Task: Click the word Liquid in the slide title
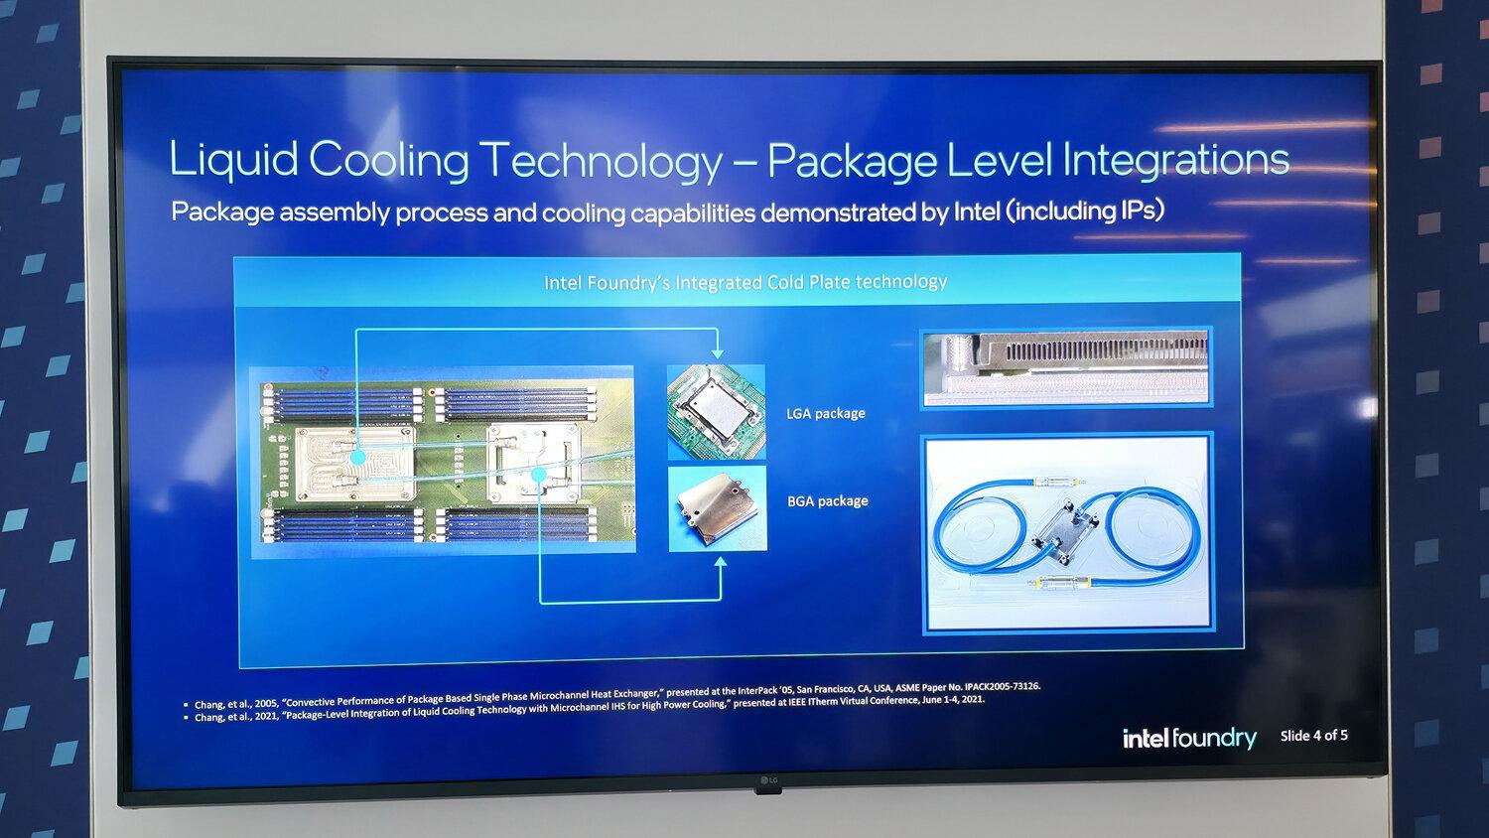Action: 233,159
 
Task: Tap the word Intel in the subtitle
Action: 976,211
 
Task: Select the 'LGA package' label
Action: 825,413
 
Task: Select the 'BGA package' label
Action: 827,501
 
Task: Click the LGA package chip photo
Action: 716,411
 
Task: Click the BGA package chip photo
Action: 717,508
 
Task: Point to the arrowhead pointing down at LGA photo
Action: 717,353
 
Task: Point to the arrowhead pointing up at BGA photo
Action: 721,563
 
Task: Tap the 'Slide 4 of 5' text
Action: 1313,736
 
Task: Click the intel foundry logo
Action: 1188,738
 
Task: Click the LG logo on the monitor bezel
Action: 768,780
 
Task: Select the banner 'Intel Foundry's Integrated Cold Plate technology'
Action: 744,283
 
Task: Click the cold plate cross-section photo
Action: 1065,368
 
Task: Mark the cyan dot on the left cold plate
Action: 358,460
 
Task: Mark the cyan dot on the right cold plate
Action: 539,475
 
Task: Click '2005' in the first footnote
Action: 265,703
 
